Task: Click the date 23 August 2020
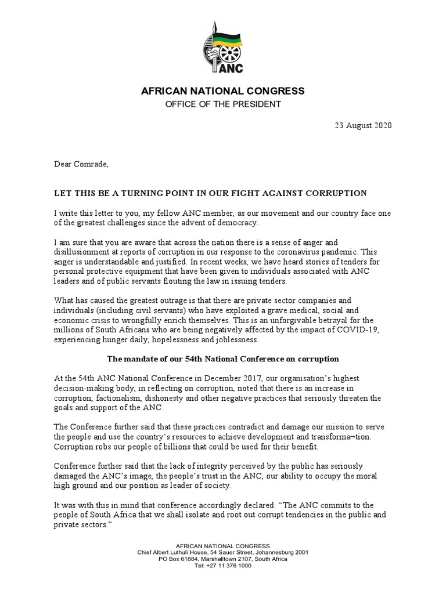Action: click(x=364, y=126)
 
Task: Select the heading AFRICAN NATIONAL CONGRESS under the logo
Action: click(x=223, y=91)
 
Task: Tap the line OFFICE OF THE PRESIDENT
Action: click(x=223, y=104)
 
